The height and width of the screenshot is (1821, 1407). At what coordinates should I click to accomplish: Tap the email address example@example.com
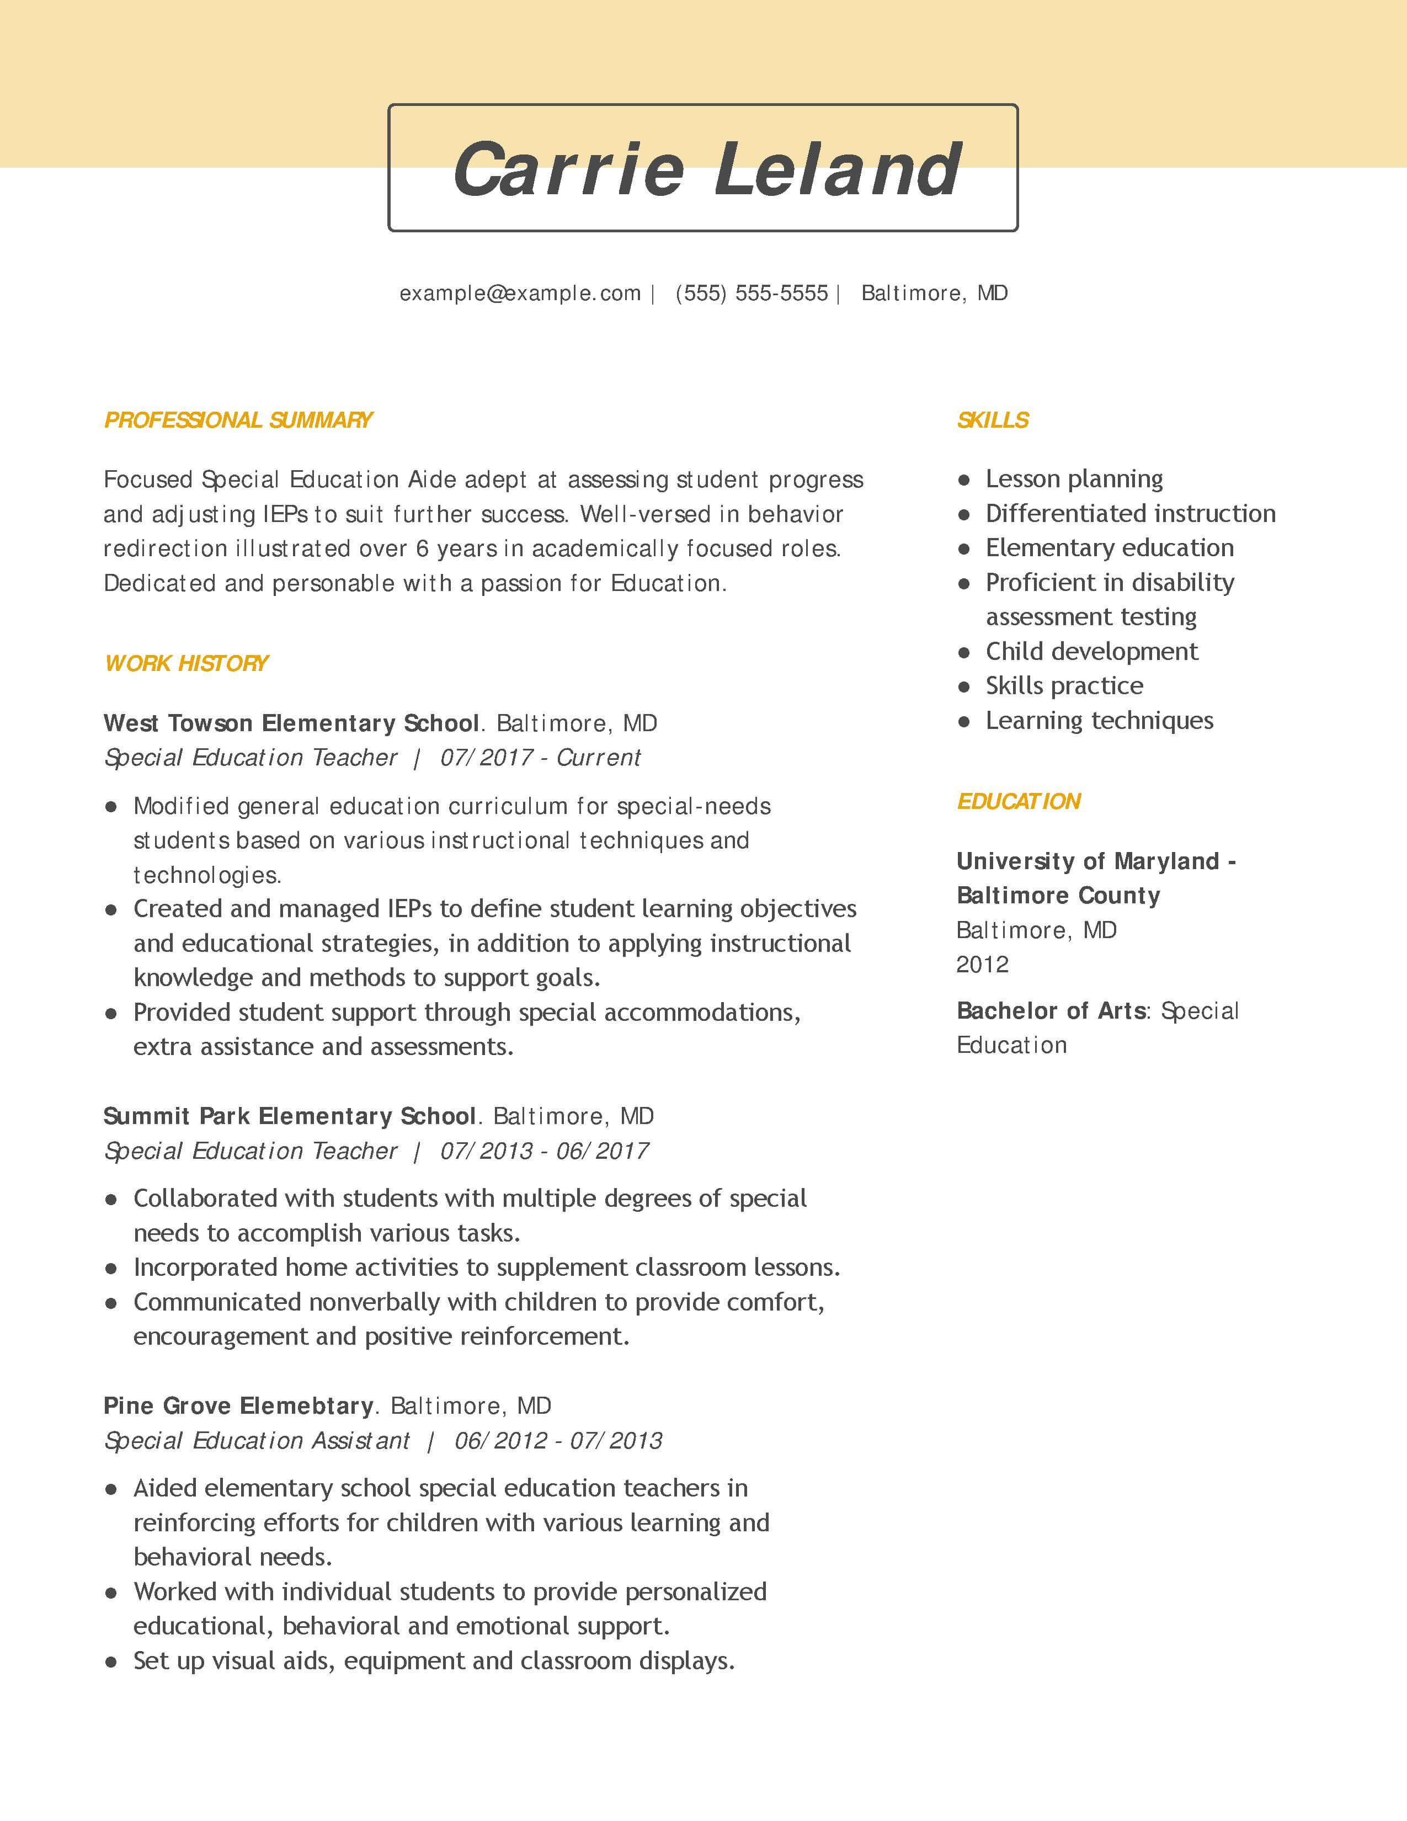[520, 294]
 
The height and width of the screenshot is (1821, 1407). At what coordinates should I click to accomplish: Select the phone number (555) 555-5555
[752, 294]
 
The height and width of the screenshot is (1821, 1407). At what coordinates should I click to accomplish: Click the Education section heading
[1019, 801]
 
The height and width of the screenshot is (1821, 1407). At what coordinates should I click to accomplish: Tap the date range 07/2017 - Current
[540, 757]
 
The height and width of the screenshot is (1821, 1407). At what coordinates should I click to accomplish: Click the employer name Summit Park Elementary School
[289, 1116]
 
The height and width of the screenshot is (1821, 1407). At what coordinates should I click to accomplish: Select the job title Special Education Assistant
[257, 1441]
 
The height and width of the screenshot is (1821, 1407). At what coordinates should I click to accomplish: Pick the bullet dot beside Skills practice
[964, 687]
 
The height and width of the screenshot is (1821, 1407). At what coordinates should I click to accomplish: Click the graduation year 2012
[983, 965]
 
